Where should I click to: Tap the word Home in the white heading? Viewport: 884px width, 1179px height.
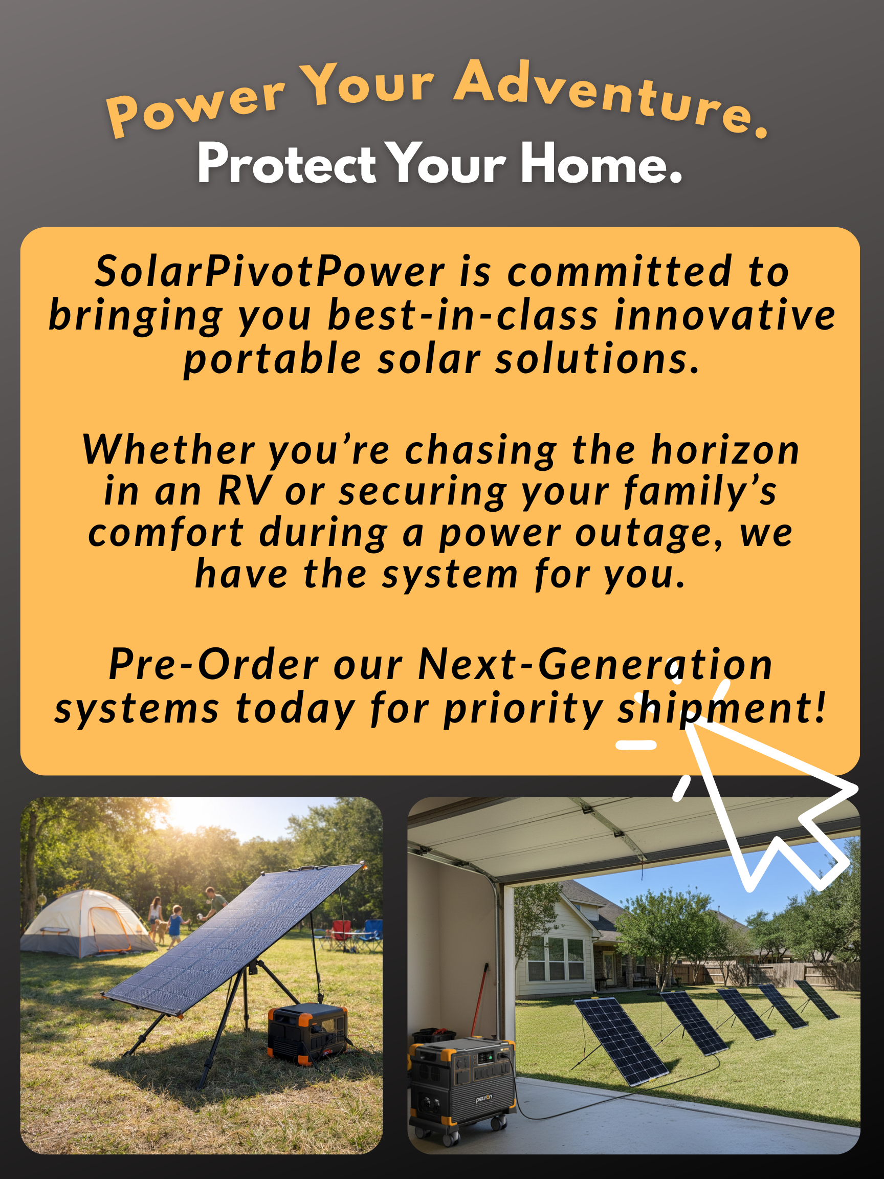click(601, 163)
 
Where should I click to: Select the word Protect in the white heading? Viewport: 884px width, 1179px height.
click(286, 163)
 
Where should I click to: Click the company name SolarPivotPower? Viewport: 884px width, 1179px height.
click(270, 271)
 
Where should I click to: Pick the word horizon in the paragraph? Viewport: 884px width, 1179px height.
click(725, 450)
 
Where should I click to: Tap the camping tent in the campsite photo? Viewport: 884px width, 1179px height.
click(88, 923)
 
